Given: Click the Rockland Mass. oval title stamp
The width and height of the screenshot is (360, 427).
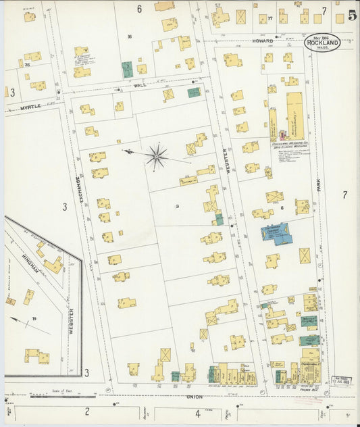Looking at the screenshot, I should [x=322, y=43].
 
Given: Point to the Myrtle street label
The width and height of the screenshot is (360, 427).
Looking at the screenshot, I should [x=30, y=106].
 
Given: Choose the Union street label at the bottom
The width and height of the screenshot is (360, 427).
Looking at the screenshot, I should [x=195, y=397].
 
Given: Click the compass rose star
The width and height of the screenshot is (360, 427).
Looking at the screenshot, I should [x=156, y=156].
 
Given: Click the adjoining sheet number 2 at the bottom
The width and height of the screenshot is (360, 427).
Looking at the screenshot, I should [x=87, y=412].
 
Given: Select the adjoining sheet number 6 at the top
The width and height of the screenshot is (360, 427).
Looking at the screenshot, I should [x=139, y=9].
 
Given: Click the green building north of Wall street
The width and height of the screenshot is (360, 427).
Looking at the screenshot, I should [x=127, y=68].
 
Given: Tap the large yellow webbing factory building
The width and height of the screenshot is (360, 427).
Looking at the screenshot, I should [x=295, y=117].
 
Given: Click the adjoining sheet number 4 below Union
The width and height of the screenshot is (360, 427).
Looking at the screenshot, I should [x=198, y=413].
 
